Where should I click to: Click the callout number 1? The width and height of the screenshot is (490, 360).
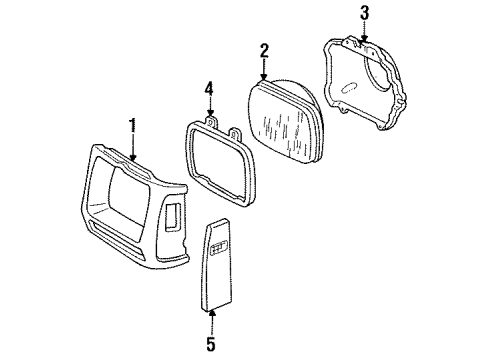pyautogui.click(x=131, y=125)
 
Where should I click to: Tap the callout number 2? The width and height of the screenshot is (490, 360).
pyautogui.click(x=264, y=51)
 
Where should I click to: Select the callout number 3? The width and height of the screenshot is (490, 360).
pyautogui.click(x=365, y=12)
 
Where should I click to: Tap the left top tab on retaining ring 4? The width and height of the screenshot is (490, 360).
pyautogui.click(x=212, y=122)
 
